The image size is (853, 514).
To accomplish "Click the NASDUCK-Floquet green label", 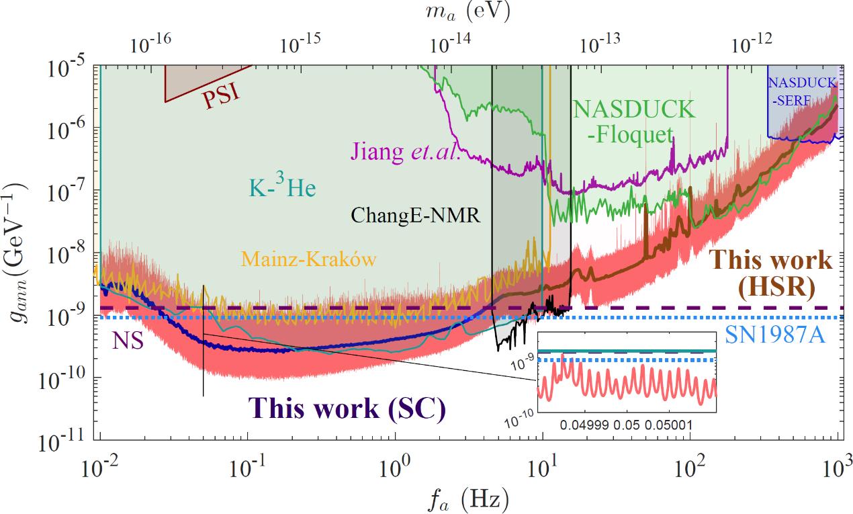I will tap(622, 121).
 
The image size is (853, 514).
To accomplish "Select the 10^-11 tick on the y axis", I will tap(69, 441).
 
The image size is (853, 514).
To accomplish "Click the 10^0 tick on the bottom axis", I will tap(395, 465).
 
